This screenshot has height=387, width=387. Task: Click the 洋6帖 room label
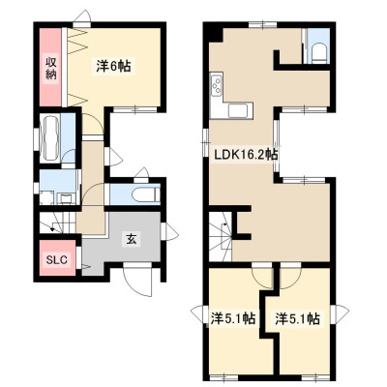tap(113, 66)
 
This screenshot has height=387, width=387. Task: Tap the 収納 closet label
tap(50, 68)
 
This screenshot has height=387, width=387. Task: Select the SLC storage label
tap(56, 259)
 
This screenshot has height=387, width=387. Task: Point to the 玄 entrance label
tap(131, 239)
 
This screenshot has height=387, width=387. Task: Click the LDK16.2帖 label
tap(246, 155)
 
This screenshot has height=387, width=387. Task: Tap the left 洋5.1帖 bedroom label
tap(233, 318)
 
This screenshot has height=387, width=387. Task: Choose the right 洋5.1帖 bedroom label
tap(297, 318)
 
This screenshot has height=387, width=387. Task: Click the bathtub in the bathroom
tap(50, 137)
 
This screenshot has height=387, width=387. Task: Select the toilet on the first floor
tap(146, 194)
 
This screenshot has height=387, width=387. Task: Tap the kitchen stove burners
tap(216, 84)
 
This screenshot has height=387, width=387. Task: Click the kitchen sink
tap(238, 110)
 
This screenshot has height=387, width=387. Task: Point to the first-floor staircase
tap(57, 223)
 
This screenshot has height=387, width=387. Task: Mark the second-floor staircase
tap(221, 237)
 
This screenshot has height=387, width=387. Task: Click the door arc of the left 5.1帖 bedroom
tap(260, 277)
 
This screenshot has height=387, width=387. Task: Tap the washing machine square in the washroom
tap(46, 197)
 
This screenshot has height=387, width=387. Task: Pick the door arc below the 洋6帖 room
tap(94, 123)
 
